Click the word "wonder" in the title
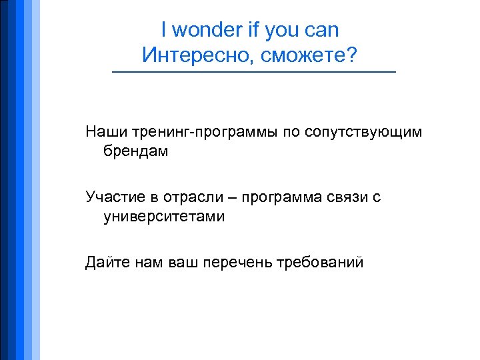pyautogui.click(x=205, y=31)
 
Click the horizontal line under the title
pyautogui.click(x=253, y=72)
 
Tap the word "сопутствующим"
pyautogui.click(x=363, y=132)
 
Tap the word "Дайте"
pyautogui.click(x=107, y=262)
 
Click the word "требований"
pyautogui.click(x=320, y=262)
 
